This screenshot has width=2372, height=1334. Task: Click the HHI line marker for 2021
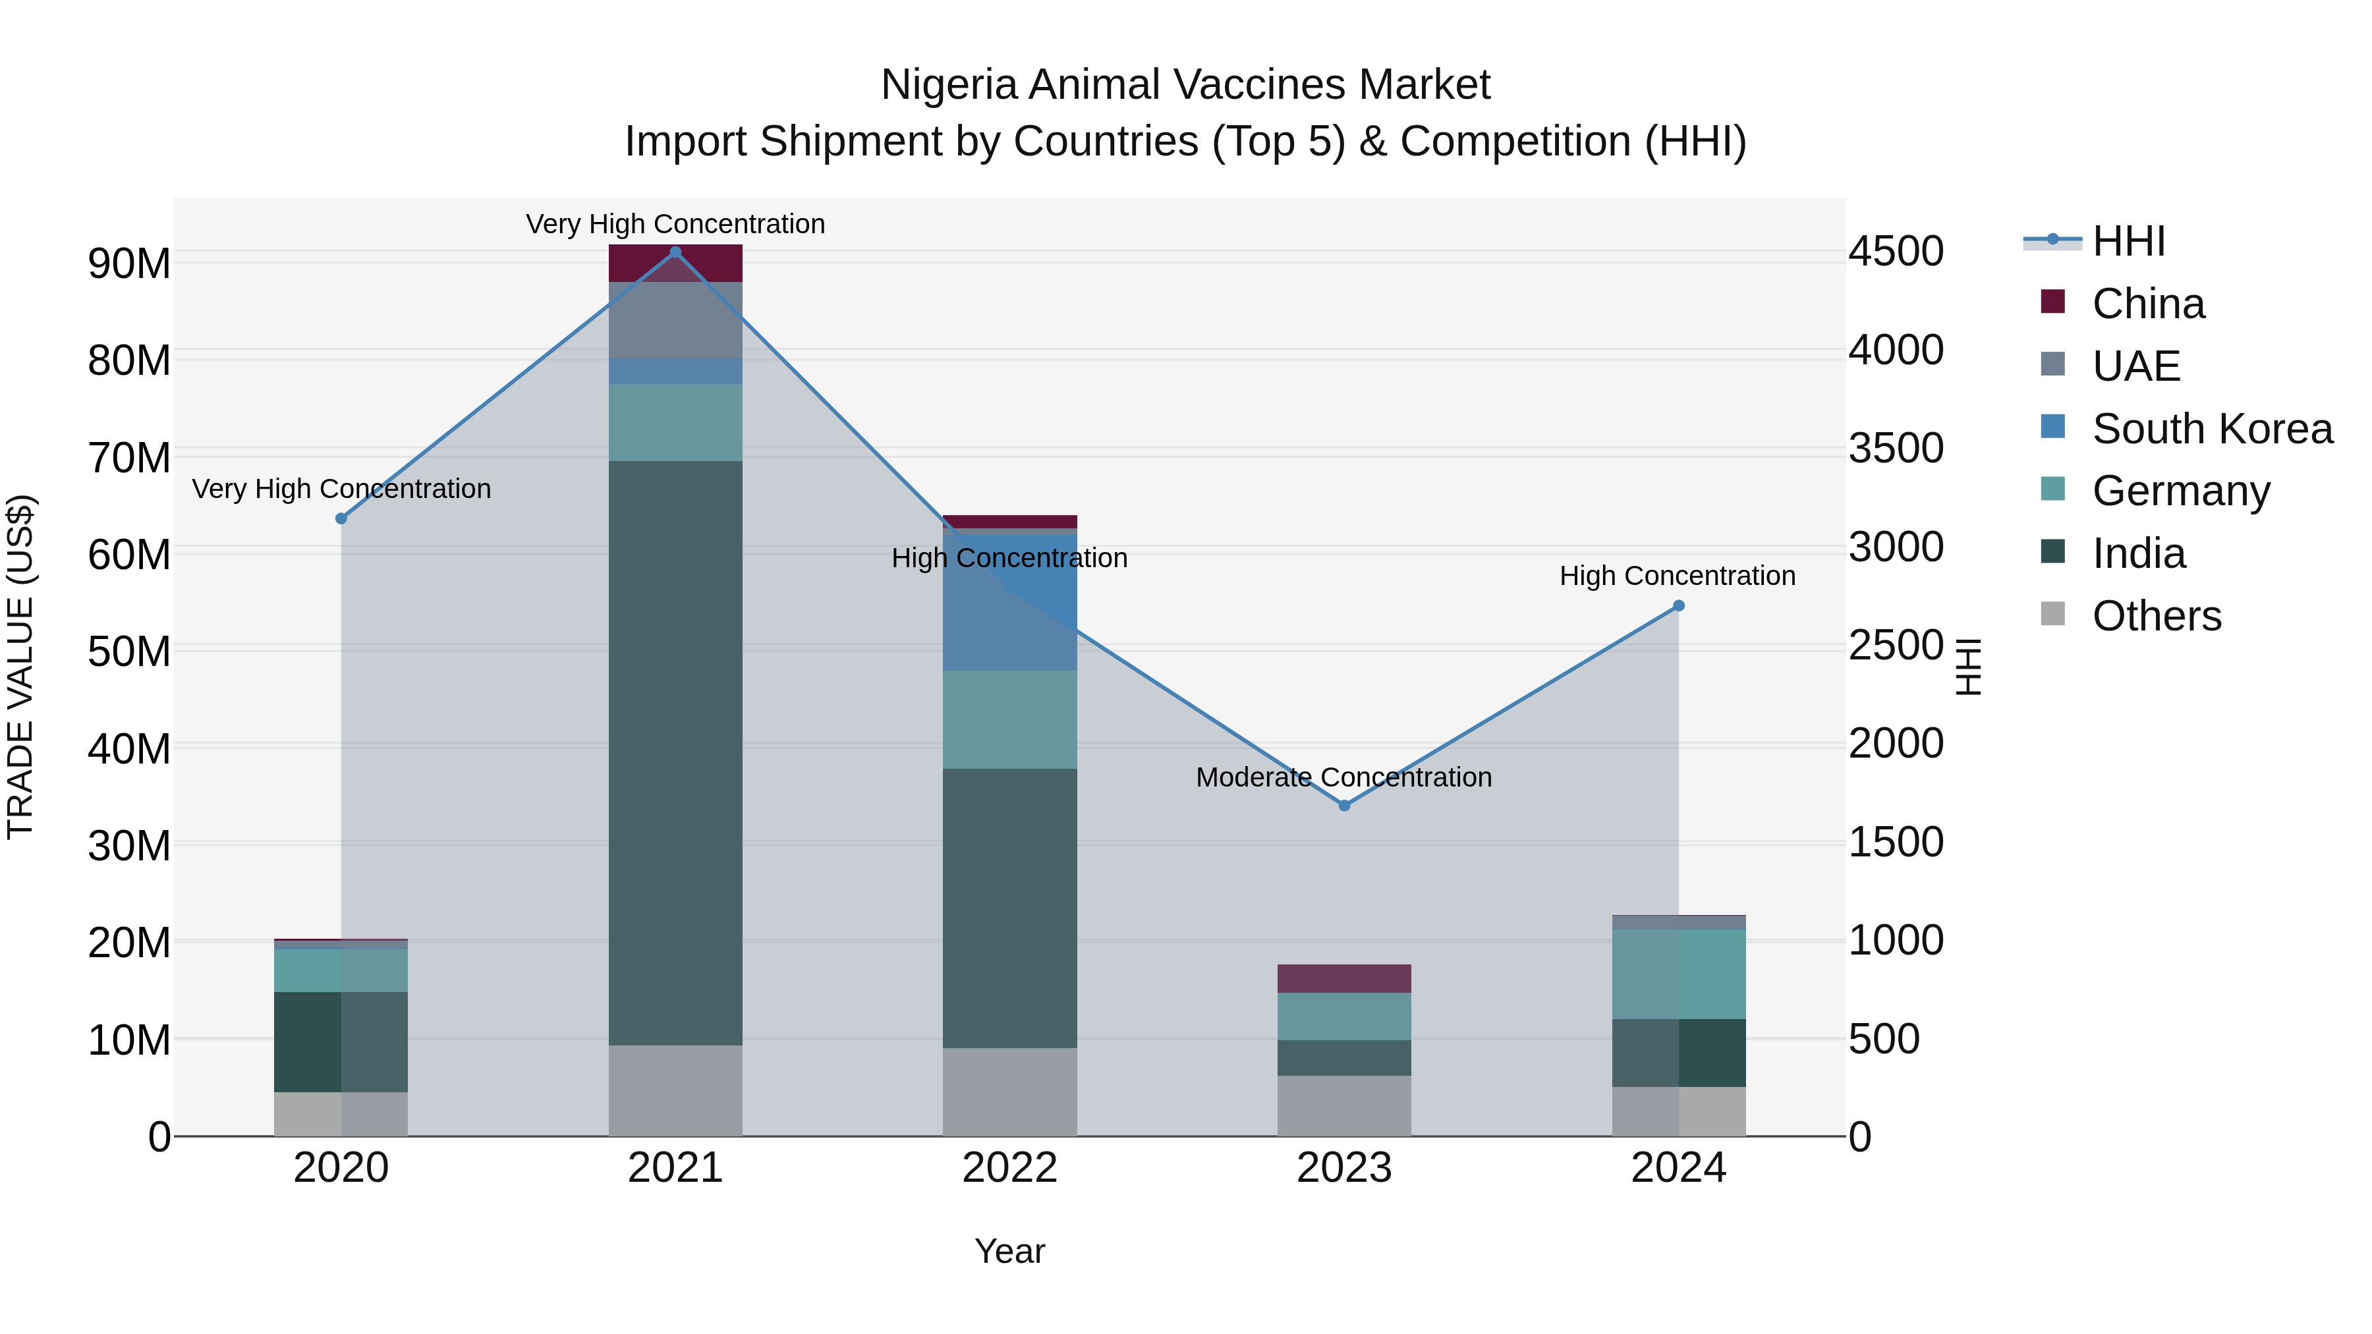coord(675,252)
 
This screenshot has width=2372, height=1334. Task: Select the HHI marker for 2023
coord(1343,806)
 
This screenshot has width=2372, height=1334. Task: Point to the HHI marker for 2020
coord(341,518)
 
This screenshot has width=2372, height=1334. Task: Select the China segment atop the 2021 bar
coord(675,264)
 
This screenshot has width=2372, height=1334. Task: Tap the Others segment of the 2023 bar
coord(1343,1105)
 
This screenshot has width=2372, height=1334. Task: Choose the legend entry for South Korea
coord(2212,429)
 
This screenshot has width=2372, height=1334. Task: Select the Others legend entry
coord(2156,616)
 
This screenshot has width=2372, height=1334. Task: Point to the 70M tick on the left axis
coord(129,458)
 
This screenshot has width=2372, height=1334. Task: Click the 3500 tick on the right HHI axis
coord(1895,449)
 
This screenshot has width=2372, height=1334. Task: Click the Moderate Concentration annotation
coord(1343,777)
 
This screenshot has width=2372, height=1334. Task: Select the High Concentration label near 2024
coord(1677,576)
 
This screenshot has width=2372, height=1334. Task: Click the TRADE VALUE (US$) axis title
coord(20,667)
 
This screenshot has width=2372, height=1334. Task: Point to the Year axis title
coord(1009,1251)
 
